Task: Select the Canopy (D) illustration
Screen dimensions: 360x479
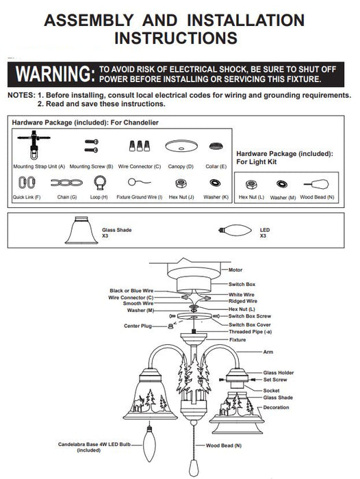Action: pos(181,146)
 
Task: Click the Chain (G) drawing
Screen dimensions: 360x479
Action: pos(66,183)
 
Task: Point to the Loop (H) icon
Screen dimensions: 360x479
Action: pos(100,183)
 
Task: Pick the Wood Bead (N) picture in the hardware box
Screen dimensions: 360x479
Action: pos(316,185)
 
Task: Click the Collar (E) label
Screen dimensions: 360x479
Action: pos(216,166)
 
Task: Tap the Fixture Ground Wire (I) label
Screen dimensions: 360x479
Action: pos(140,197)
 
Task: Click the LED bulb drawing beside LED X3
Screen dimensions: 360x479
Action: pos(235,230)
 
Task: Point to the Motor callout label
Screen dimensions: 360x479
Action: pos(235,270)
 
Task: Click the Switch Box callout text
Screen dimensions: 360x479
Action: pos(242,285)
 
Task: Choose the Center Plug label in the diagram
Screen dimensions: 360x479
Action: pos(138,326)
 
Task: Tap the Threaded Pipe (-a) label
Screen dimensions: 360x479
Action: pos(250,332)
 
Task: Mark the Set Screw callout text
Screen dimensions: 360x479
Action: pos(275,380)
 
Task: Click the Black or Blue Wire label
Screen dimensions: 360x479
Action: pos(131,291)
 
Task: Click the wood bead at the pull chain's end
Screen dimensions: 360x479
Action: pos(194,467)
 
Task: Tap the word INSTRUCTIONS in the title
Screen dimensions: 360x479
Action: pos(176,38)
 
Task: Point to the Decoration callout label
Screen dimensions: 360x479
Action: pos(276,408)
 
